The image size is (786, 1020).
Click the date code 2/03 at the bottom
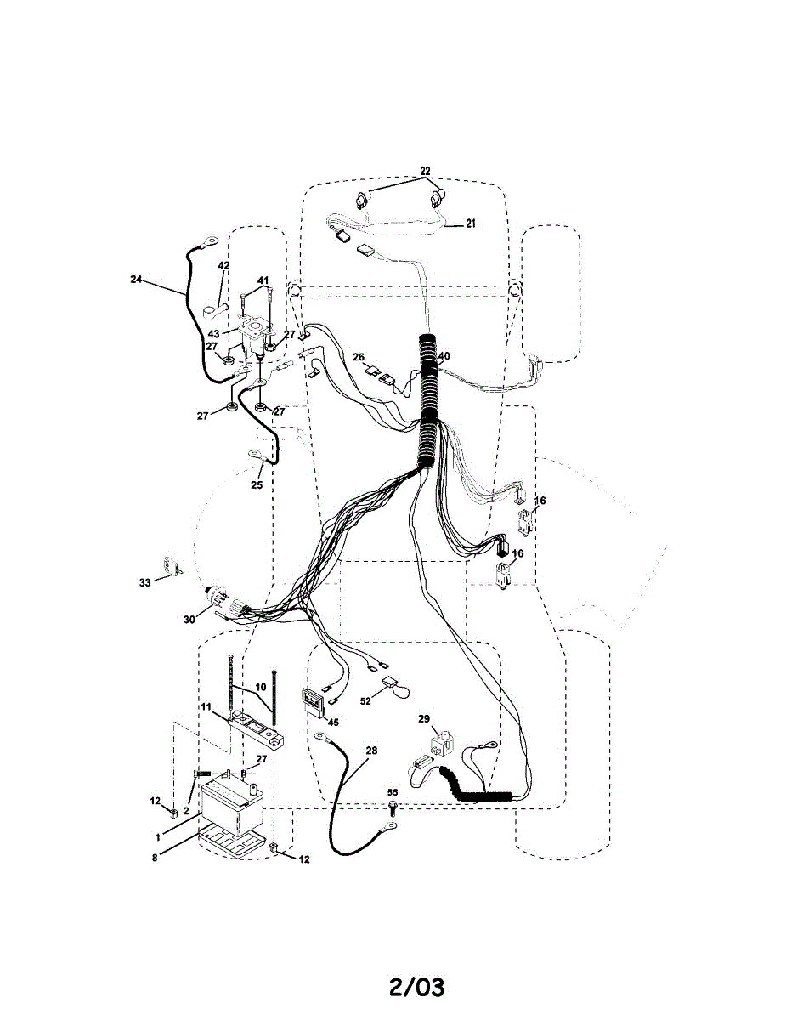point(416,988)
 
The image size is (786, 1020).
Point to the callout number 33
point(144,583)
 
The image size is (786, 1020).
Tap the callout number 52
point(366,701)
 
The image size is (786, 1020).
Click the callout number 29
point(423,719)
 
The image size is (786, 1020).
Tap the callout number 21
point(470,224)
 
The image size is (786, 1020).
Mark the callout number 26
point(359,357)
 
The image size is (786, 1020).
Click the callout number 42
point(224,266)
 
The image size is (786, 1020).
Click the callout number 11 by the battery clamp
point(206,706)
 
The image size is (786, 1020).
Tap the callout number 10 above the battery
point(260,686)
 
